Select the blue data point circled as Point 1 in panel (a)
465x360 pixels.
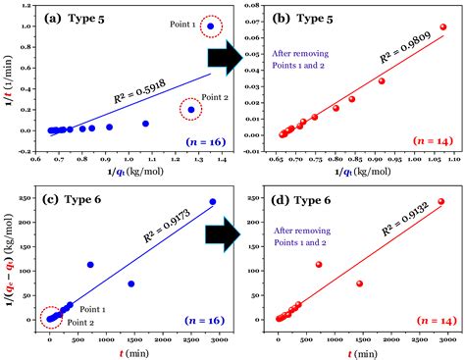[x=210, y=26]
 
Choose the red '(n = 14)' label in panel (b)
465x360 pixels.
[x=435, y=143]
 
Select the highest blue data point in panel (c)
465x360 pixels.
[x=212, y=202]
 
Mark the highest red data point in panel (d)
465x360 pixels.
[x=440, y=202]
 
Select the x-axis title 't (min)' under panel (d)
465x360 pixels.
[x=361, y=351]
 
